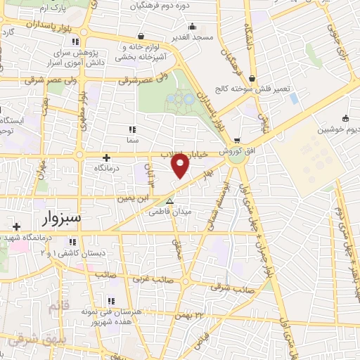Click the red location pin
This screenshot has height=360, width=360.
click(181, 166)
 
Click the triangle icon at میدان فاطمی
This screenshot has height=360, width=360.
click(169, 201)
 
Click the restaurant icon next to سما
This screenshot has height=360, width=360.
click(132, 129)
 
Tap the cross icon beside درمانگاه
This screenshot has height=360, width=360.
click(106, 158)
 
